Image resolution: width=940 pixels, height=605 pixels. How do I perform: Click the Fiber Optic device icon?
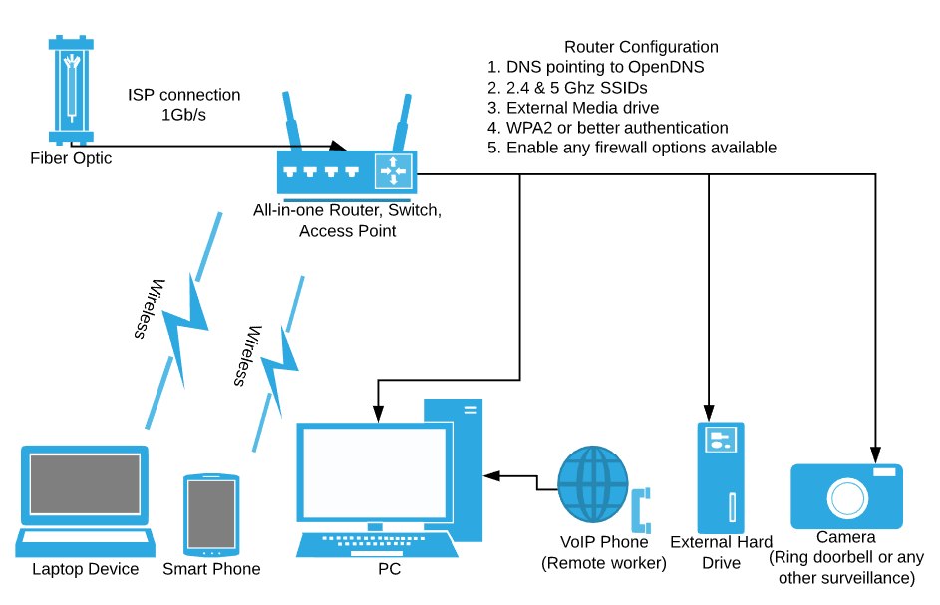pyautogui.click(x=70, y=90)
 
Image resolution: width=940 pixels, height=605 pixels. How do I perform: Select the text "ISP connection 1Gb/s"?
pyautogui.click(x=184, y=105)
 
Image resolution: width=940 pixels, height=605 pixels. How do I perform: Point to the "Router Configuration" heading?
pyautogui.click(x=641, y=47)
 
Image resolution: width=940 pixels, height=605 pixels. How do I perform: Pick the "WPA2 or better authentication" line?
pyautogui.click(x=607, y=128)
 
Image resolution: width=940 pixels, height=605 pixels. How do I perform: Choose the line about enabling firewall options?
pyautogui.click(x=631, y=148)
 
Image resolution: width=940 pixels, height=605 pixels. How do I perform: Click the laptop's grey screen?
pyautogui.click(x=85, y=484)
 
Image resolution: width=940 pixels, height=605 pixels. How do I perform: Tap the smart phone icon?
pyautogui.click(x=211, y=515)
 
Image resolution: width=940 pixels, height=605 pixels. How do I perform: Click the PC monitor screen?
pyautogui.click(x=374, y=471)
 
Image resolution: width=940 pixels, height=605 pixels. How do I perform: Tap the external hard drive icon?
pyautogui.click(x=721, y=477)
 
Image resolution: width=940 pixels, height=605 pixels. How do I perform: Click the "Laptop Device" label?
pyautogui.click(x=85, y=569)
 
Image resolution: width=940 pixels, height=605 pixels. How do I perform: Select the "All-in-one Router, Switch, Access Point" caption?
pyautogui.click(x=347, y=221)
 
